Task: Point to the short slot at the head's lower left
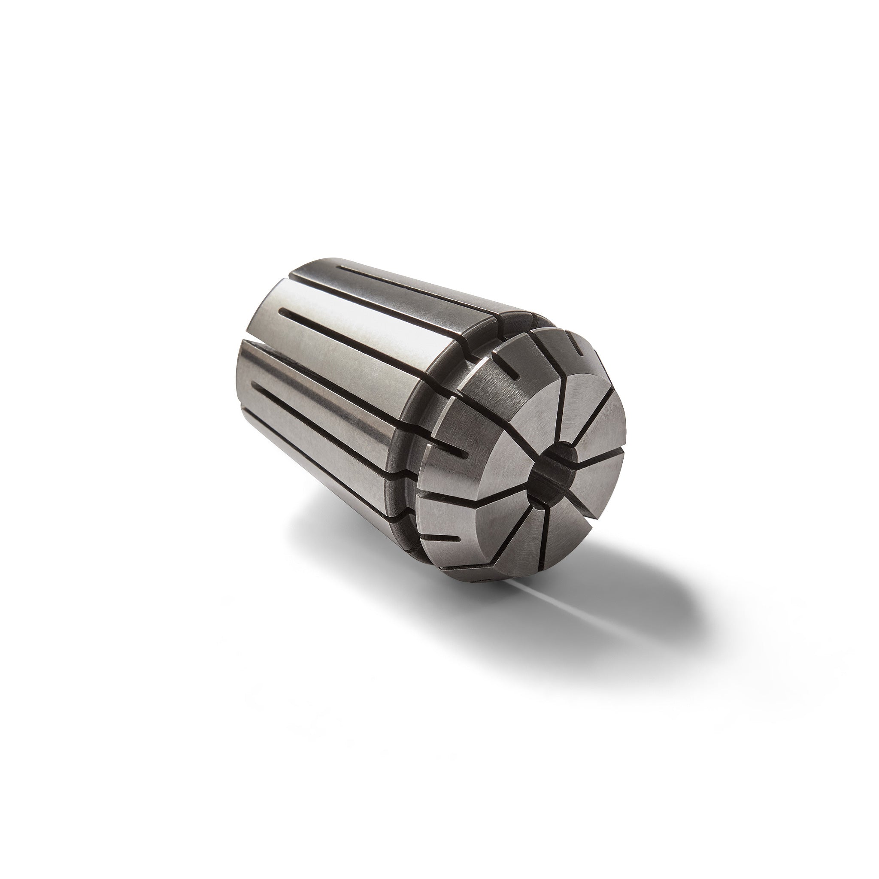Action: click(x=448, y=539)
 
